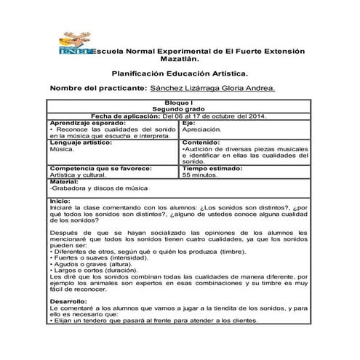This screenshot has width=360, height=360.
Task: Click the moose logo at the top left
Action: coord(76,44)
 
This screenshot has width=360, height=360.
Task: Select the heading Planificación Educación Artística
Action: coord(179,73)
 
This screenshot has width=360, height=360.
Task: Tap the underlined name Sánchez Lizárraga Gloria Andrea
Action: coord(212,88)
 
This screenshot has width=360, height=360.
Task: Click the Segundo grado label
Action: coord(178,110)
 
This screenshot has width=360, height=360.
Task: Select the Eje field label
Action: coord(188,122)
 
